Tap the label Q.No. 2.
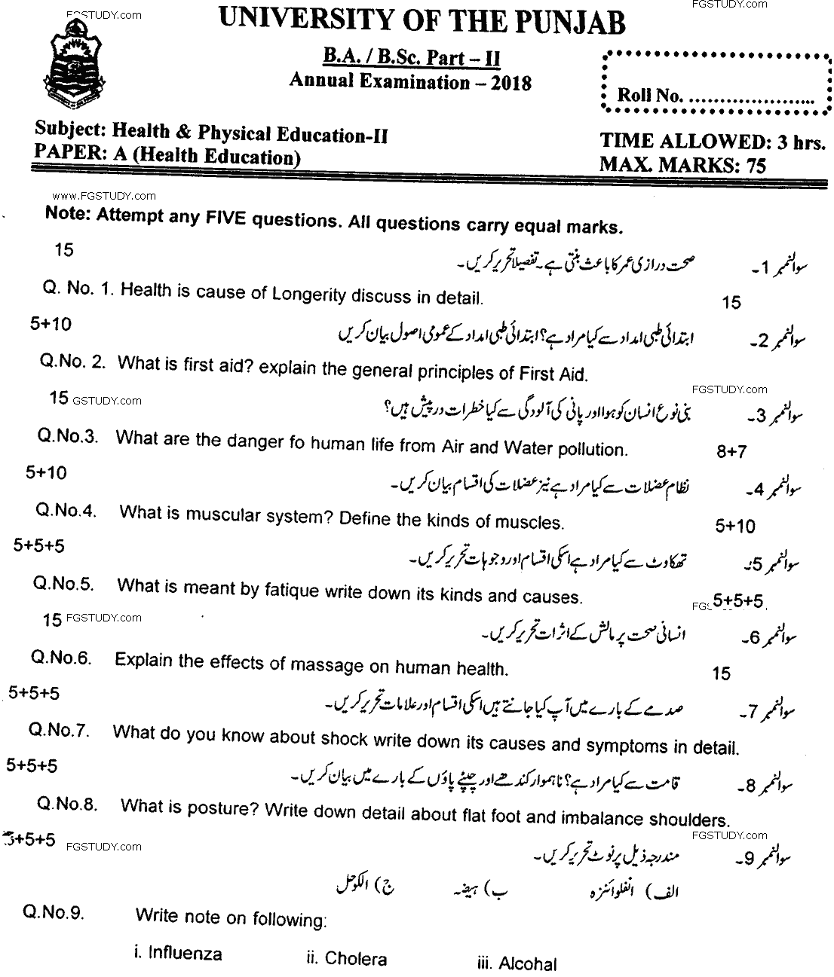(73, 362)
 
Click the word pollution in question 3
(591, 450)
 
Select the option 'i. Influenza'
(178, 954)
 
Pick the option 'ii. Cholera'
(346, 959)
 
